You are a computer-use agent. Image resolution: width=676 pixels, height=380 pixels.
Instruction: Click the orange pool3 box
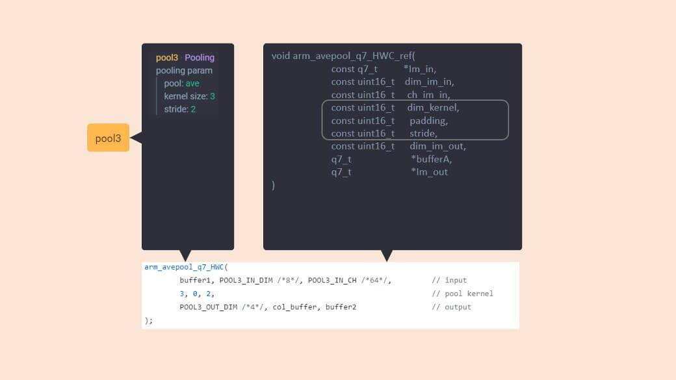(x=108, y=138)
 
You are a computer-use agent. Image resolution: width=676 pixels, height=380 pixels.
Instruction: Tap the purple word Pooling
(x=200, y=57)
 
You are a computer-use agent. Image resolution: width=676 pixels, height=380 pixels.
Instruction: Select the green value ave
(x=192, y=83)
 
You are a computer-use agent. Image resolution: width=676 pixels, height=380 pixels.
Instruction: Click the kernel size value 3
(x=213, y=96)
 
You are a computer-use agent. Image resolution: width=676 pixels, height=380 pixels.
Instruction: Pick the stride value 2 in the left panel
(x=193, y=109)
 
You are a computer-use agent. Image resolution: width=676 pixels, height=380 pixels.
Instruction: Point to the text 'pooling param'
(x=184, y=70)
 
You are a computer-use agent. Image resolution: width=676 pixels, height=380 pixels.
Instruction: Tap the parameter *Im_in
(x=420, y=69)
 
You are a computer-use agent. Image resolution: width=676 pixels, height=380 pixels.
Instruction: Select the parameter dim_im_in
(x=429, y=82)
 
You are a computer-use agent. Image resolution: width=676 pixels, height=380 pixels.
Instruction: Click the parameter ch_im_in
(x=428, y=95)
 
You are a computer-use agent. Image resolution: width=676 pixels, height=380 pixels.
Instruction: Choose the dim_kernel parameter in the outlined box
(x=433, y=108)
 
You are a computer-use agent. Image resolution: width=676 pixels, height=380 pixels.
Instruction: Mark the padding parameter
(x=428, y=121)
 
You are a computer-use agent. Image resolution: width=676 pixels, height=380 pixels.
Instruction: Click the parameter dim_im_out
(x=437, y=146)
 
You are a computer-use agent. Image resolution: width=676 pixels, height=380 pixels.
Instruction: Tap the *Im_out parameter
(x=429, y=172)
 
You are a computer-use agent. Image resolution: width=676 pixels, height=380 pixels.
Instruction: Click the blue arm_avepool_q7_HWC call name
(x=184, y=267)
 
